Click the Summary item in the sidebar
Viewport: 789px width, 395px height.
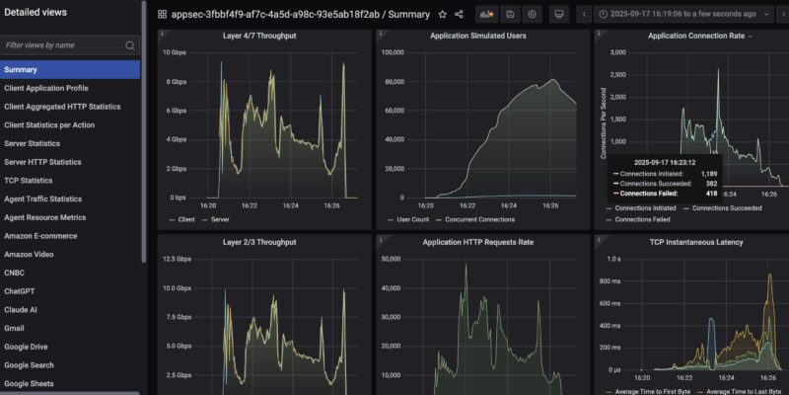pos(21,69)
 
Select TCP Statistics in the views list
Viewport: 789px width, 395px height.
pos(29,181)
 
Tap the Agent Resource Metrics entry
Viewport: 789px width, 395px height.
pos(44,217)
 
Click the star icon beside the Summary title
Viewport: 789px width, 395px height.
pos(442,15)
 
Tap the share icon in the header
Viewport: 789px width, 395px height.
pos(460,15)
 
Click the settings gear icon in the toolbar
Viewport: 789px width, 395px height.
pos(533,15)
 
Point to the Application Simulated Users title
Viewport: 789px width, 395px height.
pos(477,36)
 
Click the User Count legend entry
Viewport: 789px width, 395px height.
pos(412,219)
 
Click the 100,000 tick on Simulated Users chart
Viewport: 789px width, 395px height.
pos(394,52)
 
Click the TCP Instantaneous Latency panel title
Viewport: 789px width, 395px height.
pos(695,242)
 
